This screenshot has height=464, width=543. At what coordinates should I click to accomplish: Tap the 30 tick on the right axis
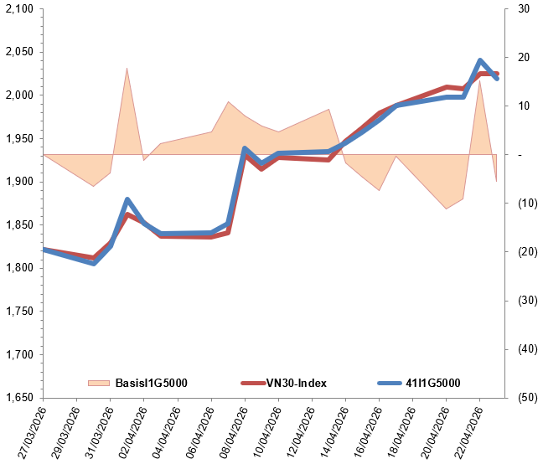(524, 8)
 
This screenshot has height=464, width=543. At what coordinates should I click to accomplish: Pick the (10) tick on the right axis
(526, 203)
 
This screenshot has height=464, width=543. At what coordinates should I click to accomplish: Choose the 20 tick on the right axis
(524, 57)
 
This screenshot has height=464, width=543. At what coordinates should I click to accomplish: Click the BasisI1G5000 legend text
(151, 383)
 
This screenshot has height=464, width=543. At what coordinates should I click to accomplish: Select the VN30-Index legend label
(296, 383)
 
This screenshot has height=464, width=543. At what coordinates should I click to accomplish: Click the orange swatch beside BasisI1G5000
(98, 383)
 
